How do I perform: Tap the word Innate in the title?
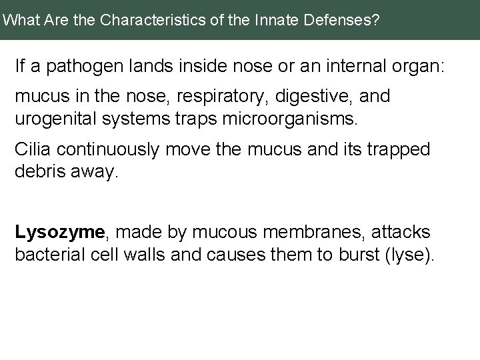coord(271,20)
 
